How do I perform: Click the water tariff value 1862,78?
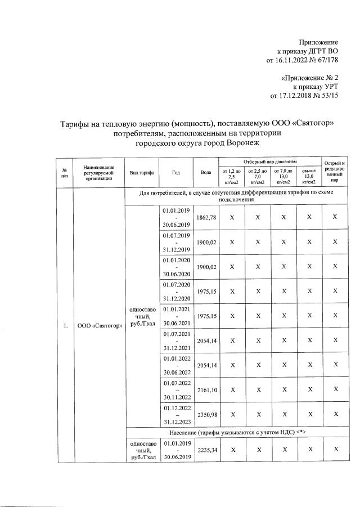(205, 217)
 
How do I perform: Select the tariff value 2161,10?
(205, 389)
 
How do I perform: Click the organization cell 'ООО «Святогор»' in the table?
(99, 326)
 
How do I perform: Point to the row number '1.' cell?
(66, 326)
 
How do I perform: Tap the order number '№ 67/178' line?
(302, 60)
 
